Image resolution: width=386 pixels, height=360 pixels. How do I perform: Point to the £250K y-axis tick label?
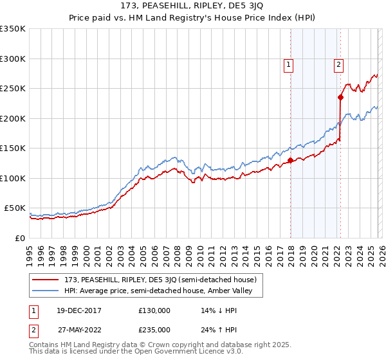coord(13,89)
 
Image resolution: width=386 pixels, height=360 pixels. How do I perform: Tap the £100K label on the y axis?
coord(13,178)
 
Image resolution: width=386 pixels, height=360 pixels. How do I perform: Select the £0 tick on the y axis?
coord(20,238)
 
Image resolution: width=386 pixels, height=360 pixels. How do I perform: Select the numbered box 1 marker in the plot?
coord(288,64)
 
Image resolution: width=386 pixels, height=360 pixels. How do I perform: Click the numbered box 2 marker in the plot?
coord(338,64)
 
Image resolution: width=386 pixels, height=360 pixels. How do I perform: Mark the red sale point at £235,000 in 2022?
coord(340,98)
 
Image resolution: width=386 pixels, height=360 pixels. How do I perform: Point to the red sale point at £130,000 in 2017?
coord(290,160)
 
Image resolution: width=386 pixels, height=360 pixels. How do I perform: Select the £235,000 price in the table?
coord(154,329)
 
